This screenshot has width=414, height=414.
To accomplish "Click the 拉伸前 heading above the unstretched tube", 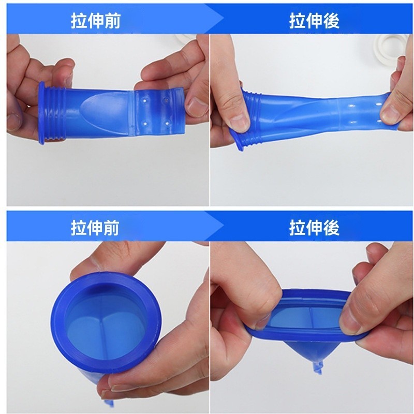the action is point(96,21).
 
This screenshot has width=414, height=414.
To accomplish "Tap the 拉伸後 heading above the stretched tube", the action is point(314,21).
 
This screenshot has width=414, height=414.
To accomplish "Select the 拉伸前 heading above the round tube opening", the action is point(96,228).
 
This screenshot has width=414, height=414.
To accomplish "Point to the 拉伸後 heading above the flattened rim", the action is point(314,228).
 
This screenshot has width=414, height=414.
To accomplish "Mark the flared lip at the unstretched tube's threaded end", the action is point(41,113).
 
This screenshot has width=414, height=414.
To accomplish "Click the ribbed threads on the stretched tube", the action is point(252,119).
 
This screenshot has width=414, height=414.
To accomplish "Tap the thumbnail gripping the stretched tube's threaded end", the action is point(240,123).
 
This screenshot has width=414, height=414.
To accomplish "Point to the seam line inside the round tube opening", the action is point(101,337).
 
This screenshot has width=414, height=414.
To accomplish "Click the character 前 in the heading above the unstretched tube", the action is point(112,21).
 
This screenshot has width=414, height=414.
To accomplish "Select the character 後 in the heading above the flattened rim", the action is point(331,228).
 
